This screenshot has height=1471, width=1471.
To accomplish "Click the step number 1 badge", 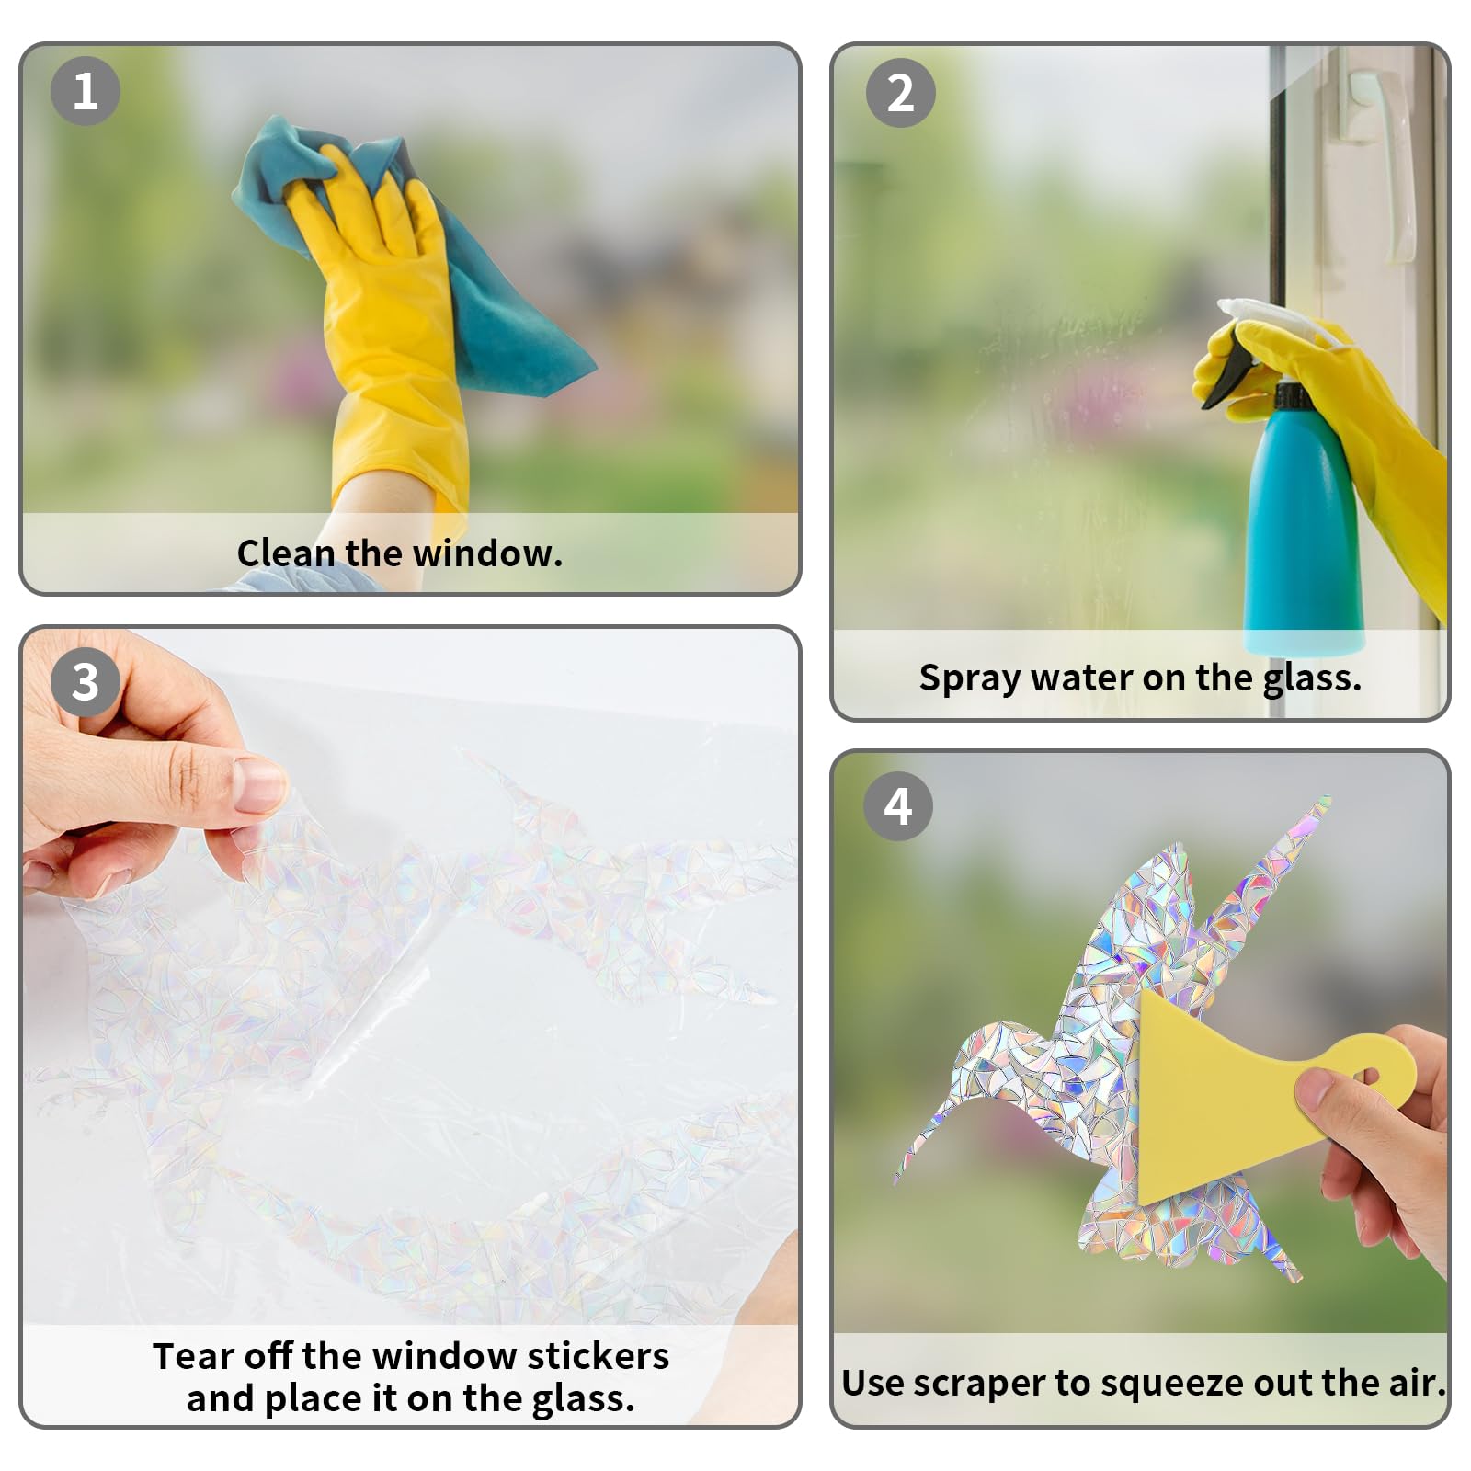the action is tap(86, 91).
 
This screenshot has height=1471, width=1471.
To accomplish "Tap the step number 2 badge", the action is tap(901, 93).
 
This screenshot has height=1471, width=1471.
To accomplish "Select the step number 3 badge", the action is tap(86, 682).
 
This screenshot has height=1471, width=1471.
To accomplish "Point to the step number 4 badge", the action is tap(898, 806).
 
